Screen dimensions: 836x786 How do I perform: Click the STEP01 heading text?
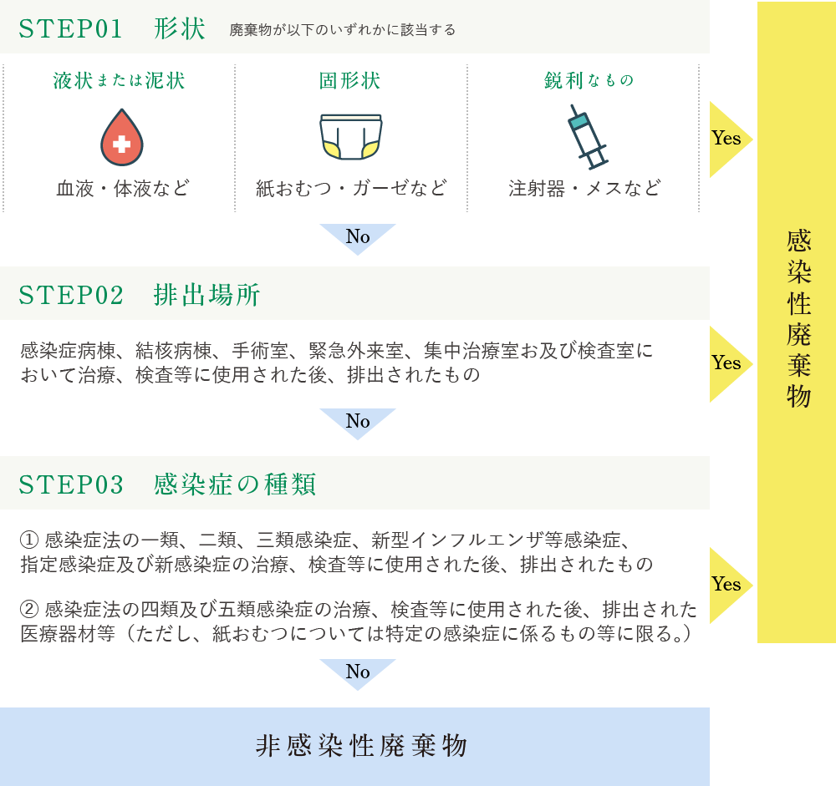click(112, 28)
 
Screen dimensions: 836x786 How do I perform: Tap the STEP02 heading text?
click(139, 295)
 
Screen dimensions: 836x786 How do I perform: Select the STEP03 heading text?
click(167, 484)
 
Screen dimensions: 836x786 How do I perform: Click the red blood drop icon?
click(122, 138)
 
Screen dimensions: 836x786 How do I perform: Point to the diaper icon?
click(351, 137)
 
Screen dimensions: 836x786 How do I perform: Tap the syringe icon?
click(588, 137)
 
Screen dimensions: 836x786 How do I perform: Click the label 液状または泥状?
click(119, 81)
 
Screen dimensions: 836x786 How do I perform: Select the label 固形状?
click(349, 81)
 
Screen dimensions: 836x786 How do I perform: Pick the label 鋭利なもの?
click(589, 80)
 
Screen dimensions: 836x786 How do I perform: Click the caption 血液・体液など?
click(123, 188)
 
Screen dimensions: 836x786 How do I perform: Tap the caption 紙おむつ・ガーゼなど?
click(351, 188)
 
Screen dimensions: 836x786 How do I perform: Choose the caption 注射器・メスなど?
click(584, 188)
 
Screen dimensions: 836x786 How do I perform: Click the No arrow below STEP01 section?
click(358, 238)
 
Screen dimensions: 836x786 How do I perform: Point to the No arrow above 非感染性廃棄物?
click(358, 673)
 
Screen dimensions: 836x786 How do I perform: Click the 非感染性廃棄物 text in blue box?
click(361, 746)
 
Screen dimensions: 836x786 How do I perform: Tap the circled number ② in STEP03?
click(29, 609)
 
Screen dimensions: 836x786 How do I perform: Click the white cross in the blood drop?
click(122, 144)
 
